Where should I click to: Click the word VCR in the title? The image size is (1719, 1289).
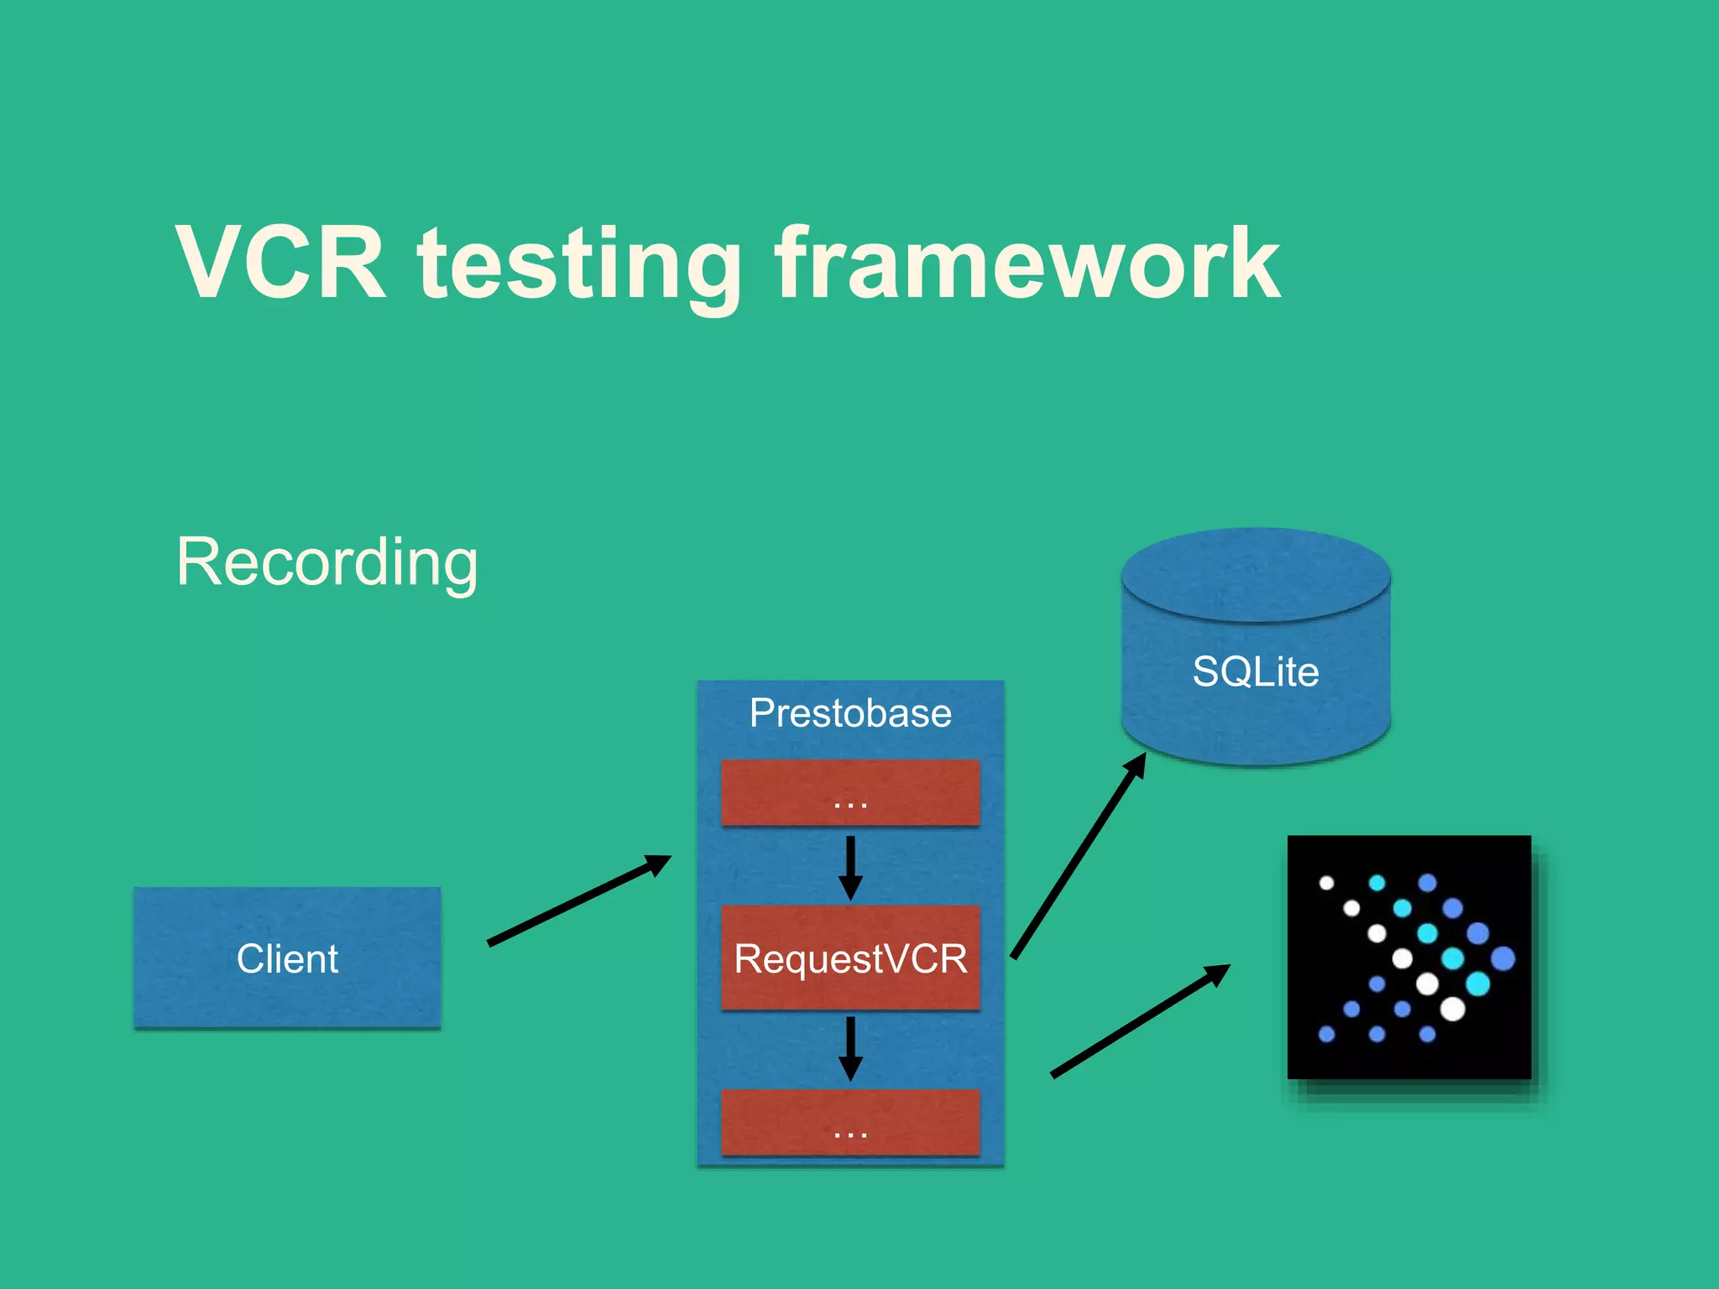click(281, 263)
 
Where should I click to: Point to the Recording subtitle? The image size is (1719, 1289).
click(327, 562)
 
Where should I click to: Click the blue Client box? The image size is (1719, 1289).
click(287, 958)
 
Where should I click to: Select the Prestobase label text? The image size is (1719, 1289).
click(850, 713)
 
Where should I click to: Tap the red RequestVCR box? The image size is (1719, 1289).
click(850, 958)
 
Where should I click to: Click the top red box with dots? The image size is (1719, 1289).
click(850, 792)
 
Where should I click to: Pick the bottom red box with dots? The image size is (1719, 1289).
click(850, 1122)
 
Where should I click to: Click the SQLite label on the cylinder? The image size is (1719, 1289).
click(1256, 671)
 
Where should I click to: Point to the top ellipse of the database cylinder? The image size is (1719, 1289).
click(1256, 574)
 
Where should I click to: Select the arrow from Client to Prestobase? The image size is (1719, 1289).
click(579, 900)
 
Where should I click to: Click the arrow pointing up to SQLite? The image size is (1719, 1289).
click(1079, 856)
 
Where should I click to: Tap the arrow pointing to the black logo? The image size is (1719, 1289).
click(1141, 1020)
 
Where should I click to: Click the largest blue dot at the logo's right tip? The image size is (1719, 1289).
click(1502, 958)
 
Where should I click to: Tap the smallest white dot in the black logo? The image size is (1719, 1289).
click(1326, 883)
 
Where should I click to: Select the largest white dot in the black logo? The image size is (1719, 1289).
click(1452, 1009)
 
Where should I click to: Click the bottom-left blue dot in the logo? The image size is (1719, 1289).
click(1326, 1034)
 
